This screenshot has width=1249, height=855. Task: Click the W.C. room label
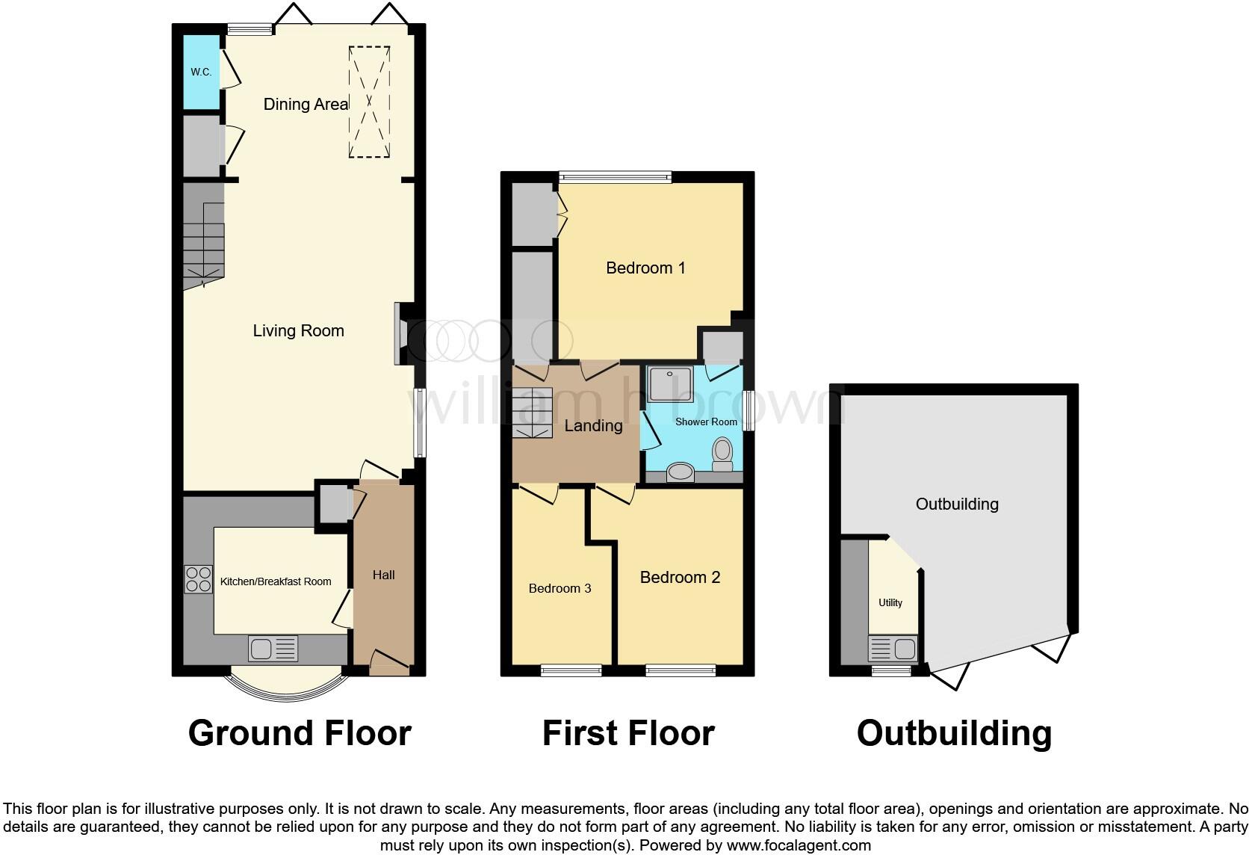point(201,72)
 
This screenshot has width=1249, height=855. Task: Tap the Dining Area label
point(306,104)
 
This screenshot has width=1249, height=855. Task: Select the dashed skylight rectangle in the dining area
point(369,102)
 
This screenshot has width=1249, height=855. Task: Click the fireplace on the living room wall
point(400,333)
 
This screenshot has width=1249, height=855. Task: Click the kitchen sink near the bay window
point(273,648)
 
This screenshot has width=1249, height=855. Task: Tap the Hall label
point(383,575)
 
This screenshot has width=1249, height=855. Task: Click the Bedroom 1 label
point(645,268)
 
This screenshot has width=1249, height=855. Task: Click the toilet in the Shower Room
point(722,454)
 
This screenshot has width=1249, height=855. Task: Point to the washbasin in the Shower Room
point(680,472)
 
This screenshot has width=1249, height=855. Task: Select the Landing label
point(593,425)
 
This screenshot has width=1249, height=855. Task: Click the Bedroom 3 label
point(560,588)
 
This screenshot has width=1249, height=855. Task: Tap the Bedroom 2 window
point(681,671)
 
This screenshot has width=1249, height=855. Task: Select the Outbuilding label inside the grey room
point(957,504)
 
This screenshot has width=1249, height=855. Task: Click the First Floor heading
point(627,733)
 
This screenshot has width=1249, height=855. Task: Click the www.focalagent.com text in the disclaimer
point(799,845)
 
